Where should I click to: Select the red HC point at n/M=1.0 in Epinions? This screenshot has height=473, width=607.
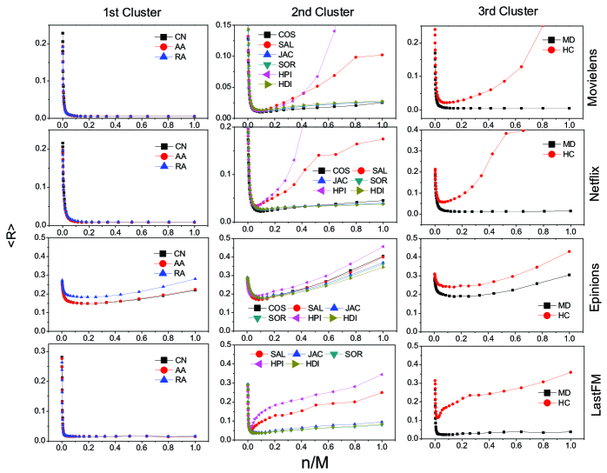pyautogui.click(x=569, y=251)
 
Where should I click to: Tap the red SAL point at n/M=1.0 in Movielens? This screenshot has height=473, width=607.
pyautogui.click(x=382, y=55)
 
